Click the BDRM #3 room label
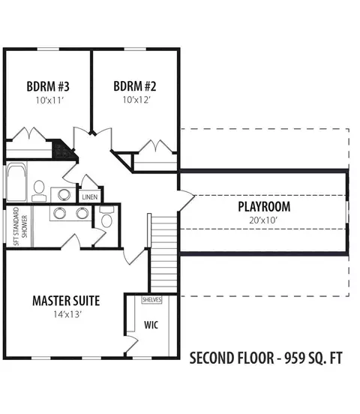pyautogui.click(x=48, y=86)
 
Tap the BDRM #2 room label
pyautogui.click(x=135, y=86)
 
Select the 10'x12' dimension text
pyautogui.click(x=136, y=100)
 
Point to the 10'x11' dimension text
pyautogui.click(x=50, y=100)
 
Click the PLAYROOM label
pyautogui.click(x=264, y=206)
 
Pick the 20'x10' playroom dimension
pyautogui.click(x=263, y=220)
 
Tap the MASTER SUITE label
pyautogui.click(x=66, y=301)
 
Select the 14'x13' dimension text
pyautogui.click(x=67, y=314)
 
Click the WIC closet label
pyautogui.click(x=151, y=325)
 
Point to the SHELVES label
pyautogui.click(x=151, y=300)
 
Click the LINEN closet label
pyautogui.click(x=90, y=197)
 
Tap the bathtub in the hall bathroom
pyautogui.click(x=16, y=181)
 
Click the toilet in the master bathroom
pyautogui.click(x=106, y=217)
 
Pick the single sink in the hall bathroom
pyautogui.click(x=64, y=194)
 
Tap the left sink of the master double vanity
pyautogui.click(x=59, y=213)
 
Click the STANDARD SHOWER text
pyautogui.click(x=20, y=226)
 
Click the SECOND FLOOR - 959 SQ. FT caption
pyautogui.click(x=266, y=358)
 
